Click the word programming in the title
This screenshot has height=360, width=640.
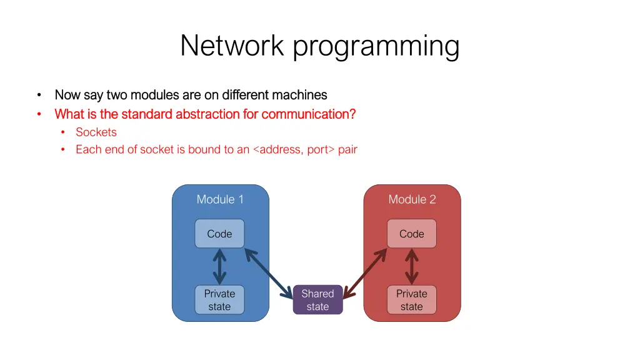tap(377, 47)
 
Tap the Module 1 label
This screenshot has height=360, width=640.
tap(220, 199)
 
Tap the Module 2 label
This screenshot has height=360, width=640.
tap(412, 199)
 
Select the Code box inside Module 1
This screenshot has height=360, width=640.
tap(219, 234)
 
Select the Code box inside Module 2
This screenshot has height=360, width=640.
tap(411, 234)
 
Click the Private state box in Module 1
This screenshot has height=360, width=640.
tap(219, 300)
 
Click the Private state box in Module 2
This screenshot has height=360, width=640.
tap(411, 300)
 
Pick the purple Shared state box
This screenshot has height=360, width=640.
tap(317, 300)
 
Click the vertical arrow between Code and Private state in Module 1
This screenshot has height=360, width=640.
tap(219, 267)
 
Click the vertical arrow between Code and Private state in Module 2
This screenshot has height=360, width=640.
tap(411, 267)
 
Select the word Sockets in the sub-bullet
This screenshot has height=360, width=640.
tap(96, 132)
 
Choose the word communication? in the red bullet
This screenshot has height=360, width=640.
tap(309, 114)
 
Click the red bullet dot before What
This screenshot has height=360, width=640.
tap(39, 114)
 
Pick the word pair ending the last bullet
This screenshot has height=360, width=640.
tap(347, 149)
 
